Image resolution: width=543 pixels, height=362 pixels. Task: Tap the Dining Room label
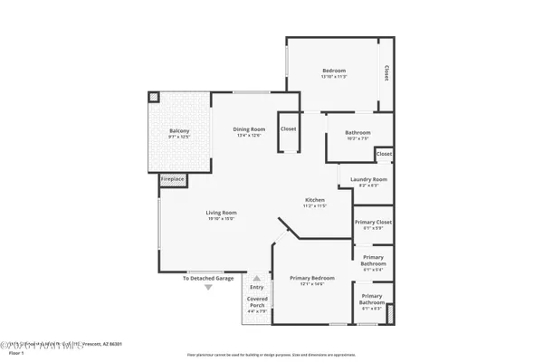tap(248, 129)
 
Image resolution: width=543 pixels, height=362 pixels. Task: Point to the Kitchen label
tap(315, 199)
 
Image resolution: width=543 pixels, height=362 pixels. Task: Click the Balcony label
tap(179, 132)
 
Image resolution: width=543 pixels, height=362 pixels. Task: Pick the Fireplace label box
tap(173, 179)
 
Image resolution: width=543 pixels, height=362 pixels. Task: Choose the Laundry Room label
tap(368, 179)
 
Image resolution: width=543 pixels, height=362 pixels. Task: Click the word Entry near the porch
tap(257, 287)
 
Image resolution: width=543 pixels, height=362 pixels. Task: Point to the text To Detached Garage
tap(208, 278)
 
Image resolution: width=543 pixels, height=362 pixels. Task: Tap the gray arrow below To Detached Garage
tap(208, 287)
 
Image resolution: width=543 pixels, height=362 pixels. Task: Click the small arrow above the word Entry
tap(257, 279)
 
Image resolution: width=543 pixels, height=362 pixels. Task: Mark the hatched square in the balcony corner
tap(154, 96)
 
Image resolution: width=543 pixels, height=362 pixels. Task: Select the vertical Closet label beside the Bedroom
tap(386, 72)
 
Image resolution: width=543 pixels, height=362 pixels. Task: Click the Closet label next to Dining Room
tap(288, 129)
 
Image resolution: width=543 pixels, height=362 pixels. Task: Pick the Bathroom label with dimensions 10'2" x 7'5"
tap(357, 133)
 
